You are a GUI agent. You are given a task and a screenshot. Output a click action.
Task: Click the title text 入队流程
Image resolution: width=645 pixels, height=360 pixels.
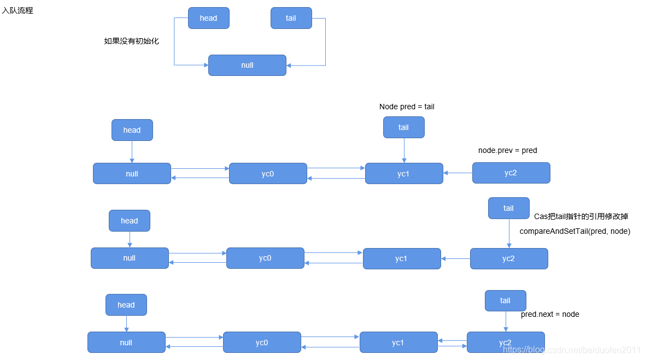pyautogui.click(x=17, y=10)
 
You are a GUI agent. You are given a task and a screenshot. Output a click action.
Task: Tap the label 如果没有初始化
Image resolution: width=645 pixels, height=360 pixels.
pyautogui.click(x=131, y=41)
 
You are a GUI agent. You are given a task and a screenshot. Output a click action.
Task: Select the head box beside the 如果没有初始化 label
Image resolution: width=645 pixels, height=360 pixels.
pyautogui.click(x=208, y=18)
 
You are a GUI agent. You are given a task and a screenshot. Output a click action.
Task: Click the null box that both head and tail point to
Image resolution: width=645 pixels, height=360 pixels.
pyautogui.click(x=247, y=65)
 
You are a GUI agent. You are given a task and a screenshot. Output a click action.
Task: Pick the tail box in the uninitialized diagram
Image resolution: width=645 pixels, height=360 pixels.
pyautogui.click(x=291, y=18)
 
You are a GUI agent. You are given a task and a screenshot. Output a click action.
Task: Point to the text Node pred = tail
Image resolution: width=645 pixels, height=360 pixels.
pyautogui.click(x=407, y=107)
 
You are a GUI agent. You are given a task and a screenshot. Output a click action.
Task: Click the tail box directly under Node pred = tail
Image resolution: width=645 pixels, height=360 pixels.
pyautogui.click(x=403, y=127)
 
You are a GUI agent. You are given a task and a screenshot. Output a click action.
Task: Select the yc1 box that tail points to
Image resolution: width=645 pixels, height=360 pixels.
pyautogui.click(x=403, y=173)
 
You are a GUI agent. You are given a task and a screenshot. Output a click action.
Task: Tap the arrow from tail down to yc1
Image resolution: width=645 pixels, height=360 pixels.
pyautogui.click(x=404, y=150)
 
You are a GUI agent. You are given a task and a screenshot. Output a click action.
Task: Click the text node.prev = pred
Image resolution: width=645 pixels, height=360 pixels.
pyautogui.click(x=507, y=150)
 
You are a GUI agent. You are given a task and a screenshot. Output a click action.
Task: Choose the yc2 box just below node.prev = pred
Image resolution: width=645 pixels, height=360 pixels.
pyautogui.click(x=511, y=173)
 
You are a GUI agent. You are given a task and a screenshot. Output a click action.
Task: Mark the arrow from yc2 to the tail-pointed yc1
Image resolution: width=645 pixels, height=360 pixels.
pyautogui.click(x=458, y=173)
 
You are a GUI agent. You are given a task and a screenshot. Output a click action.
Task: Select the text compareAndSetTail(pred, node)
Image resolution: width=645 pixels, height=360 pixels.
pyautogui.click(x=574, y=231)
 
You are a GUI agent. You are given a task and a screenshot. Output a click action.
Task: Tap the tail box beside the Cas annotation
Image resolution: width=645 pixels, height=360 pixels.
pyautogui.click(x=508, y=208)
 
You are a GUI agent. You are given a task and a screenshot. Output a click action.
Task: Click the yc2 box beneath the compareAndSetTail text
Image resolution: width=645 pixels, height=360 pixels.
pyautogui.click(x=508, y=258)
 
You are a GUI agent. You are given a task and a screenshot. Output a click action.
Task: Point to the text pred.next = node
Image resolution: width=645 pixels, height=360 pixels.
pyautogui.click(x=550, y=314)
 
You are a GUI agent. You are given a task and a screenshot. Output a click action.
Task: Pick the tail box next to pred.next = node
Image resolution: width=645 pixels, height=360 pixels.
pyautogui.click(x=505, y=300)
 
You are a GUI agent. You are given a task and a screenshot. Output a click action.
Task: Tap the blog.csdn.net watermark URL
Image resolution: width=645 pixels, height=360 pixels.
pyautogui.click(x=572, y=350)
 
